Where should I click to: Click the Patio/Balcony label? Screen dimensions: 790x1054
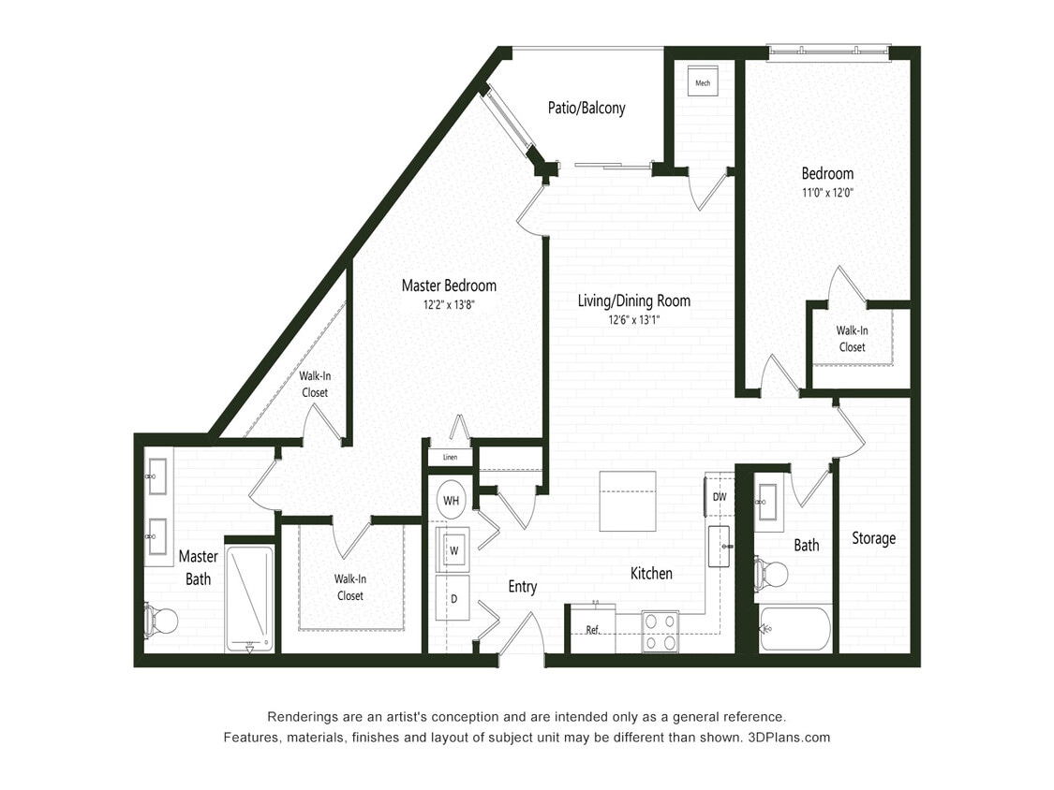coord(586,108)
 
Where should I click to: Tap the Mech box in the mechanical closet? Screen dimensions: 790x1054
coord(703,83)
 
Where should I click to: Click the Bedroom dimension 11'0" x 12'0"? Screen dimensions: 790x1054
coord(827,193)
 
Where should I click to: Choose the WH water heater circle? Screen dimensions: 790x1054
coord(452,501)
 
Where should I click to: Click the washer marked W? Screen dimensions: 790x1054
coord(453,549)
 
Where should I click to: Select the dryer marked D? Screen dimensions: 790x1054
coord(453,597)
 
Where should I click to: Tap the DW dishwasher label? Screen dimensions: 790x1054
coord(719,497)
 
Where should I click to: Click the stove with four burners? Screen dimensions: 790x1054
coord(660,631)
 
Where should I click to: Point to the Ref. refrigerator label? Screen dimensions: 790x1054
coord(592,630)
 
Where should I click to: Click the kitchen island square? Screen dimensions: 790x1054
coord(628,501)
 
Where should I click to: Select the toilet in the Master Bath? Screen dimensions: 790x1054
coord(162,620)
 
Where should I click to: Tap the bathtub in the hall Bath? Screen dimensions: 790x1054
coord(794,628)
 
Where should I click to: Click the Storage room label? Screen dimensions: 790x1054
coord(873,538)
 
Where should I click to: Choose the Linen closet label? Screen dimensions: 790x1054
coord(450,458)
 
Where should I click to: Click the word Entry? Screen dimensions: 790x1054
coord(522,587)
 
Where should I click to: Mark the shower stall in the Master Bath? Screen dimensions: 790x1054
coord(249,598)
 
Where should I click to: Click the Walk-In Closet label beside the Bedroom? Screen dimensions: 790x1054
coord(852,339)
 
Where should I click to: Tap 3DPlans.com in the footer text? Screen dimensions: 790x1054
coord(788,737)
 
